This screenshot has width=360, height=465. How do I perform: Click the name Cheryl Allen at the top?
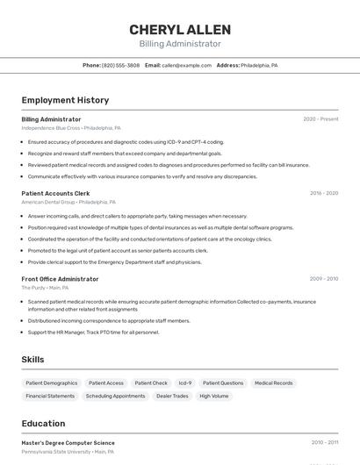coord(180,29)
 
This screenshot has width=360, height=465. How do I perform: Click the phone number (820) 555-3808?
coord(120,65)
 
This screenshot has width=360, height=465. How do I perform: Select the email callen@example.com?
coord(187,65)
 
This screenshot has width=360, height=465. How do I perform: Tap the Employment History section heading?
coord(65,100)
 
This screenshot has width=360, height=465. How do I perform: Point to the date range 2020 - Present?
coord(320,119)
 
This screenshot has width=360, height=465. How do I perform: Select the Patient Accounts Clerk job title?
coord(55,193)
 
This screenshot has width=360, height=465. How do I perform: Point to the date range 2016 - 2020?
coord(323,193)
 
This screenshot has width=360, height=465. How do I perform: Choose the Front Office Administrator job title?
coord(60,279)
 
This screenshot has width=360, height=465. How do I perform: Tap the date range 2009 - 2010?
coord(323,279)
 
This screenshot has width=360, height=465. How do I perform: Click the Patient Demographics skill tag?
coord(52,383)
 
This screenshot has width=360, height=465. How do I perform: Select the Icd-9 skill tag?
coord(185,383)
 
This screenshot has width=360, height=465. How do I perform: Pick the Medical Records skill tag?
coord(273,383)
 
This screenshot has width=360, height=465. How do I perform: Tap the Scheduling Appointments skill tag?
coord(115,396)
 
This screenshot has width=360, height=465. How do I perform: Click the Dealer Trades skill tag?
coord(172,396)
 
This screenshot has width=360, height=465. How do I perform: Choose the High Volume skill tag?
coord(213,396)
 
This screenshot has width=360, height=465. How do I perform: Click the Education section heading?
coord(43,423)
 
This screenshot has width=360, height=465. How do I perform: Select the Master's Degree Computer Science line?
coord(68,443)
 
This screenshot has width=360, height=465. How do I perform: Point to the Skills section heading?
coord(32,360)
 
